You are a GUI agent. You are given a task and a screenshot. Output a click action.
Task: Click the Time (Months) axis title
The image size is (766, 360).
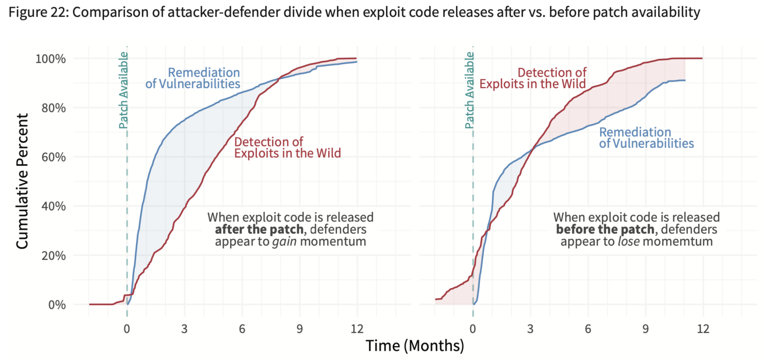click(x=415, y=346)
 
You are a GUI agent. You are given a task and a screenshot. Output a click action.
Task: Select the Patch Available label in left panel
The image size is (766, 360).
click(x=123, y=90)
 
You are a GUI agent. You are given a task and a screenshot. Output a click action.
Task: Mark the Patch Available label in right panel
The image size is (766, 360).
click(x=469, y=90)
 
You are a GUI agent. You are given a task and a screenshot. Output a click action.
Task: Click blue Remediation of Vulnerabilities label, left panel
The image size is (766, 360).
click(x=193, y=78)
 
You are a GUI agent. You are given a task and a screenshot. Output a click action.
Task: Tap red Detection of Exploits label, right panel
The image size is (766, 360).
click(x=533, y=78)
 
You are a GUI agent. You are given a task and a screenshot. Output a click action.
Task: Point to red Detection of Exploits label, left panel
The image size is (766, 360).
click(x=288, y=147)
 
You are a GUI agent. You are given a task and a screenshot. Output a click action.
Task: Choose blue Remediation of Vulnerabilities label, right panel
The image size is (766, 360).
click(x=646, y=138)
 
